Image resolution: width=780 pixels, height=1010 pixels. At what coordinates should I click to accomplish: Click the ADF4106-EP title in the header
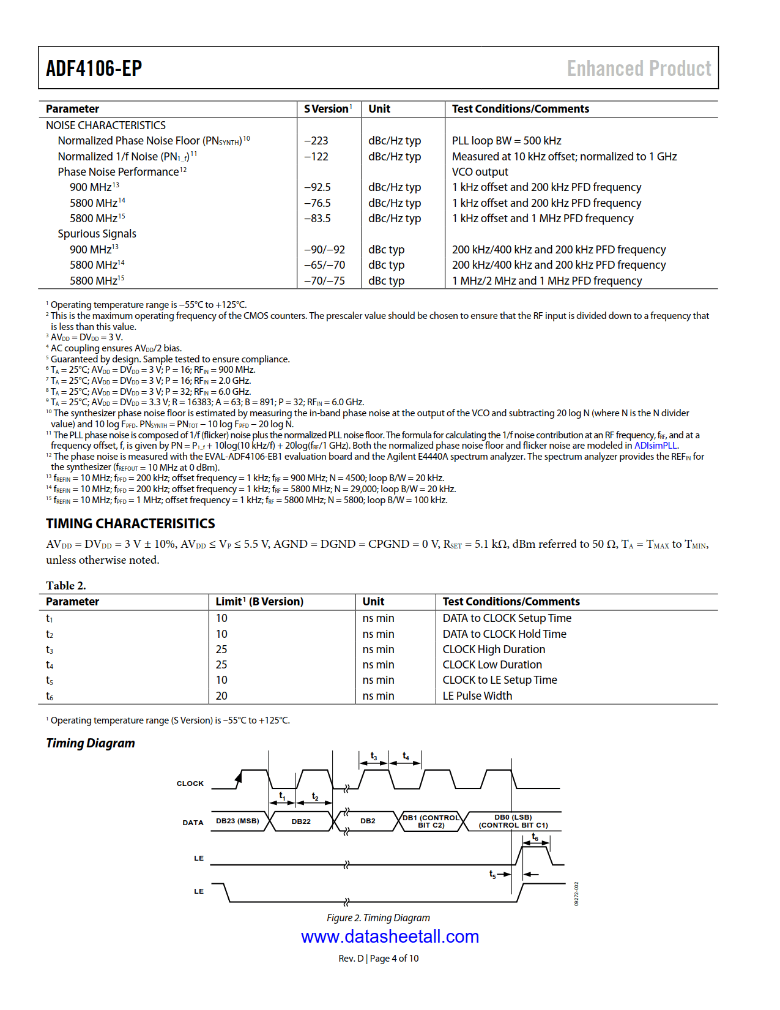point(94,68)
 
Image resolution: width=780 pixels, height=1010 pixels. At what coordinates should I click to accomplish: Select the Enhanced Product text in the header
point(639,68)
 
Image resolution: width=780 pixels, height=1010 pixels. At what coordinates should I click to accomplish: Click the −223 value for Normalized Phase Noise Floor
point(316,141)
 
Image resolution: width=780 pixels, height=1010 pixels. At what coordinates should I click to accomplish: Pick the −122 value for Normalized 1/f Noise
point(316,157)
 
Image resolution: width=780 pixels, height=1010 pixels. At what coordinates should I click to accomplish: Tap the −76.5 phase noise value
point(318,203)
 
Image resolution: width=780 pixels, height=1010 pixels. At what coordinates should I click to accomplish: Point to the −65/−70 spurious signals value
point(325,265)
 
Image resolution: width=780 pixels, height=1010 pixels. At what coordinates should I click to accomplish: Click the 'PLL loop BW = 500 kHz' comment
point(507,141)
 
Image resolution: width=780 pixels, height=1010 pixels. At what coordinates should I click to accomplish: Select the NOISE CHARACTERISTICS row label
point(106,125)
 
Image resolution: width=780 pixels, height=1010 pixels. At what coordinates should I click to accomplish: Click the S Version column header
point(327,109)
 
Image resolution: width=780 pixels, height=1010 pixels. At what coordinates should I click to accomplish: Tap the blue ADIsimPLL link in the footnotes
point(656,446)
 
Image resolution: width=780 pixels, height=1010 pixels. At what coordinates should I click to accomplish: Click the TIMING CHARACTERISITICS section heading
point(130,523)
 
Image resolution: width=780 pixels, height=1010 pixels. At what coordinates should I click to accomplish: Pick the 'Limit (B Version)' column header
point(259,602)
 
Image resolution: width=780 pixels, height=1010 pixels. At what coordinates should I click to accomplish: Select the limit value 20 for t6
point(221,696)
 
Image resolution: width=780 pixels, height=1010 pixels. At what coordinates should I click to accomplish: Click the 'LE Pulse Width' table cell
point(477,696)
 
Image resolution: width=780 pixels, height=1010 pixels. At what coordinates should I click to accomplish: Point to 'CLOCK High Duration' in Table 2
point(494,649)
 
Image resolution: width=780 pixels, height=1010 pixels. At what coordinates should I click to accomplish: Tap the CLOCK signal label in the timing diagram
point(190,784)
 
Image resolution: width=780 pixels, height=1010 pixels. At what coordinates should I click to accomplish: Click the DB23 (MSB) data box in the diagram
point(237,821)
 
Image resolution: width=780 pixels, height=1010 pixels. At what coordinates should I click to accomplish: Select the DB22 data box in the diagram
point(301,821)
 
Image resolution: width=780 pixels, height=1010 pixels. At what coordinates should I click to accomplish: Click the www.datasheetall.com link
point(390,937)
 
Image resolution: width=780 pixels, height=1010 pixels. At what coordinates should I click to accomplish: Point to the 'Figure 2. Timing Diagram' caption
point(378,918)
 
